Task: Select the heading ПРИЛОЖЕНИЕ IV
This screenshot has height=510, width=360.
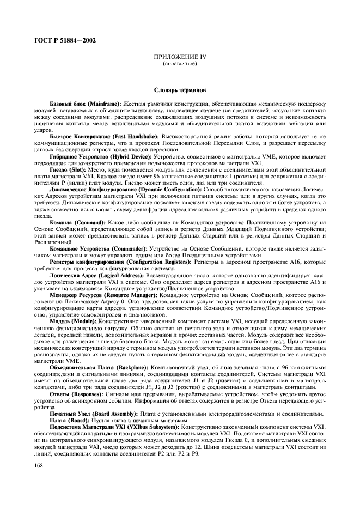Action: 180,57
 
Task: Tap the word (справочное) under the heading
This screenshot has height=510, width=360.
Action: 180,63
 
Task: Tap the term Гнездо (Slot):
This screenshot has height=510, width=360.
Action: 68,168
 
